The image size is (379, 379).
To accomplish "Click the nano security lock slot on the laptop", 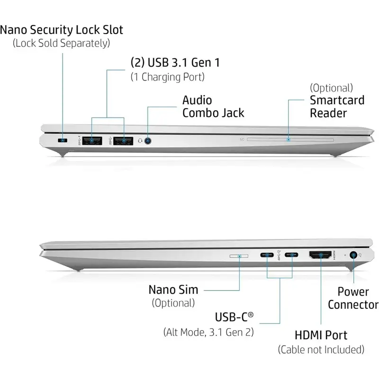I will (x=62, y=141).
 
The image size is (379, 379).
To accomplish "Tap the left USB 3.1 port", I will (x=91, y=141).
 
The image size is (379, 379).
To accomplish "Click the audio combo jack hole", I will (x=149, y=141).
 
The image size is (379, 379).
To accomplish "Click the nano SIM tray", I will (x=239, y=256).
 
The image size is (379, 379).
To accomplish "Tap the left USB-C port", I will (x=268, y=256).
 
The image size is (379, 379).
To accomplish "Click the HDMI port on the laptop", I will (x=321, y=256).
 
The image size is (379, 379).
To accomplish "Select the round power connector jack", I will (x=353, y=255).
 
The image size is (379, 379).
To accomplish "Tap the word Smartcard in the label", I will (x=337, y=100).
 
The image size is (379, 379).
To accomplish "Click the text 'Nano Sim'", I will (x=173, y=289).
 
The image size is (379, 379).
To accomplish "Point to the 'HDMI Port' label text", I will (x=321, y=335).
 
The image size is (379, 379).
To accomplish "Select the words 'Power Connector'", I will (x=353, y=298).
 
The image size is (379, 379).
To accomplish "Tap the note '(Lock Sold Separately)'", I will (x=62, y=43).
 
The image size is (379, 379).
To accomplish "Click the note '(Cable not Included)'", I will (x=321, y=350).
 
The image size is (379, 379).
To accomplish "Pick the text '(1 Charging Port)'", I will (x=167, y=76).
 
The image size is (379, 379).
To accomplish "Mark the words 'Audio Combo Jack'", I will (x=213, y=107).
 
